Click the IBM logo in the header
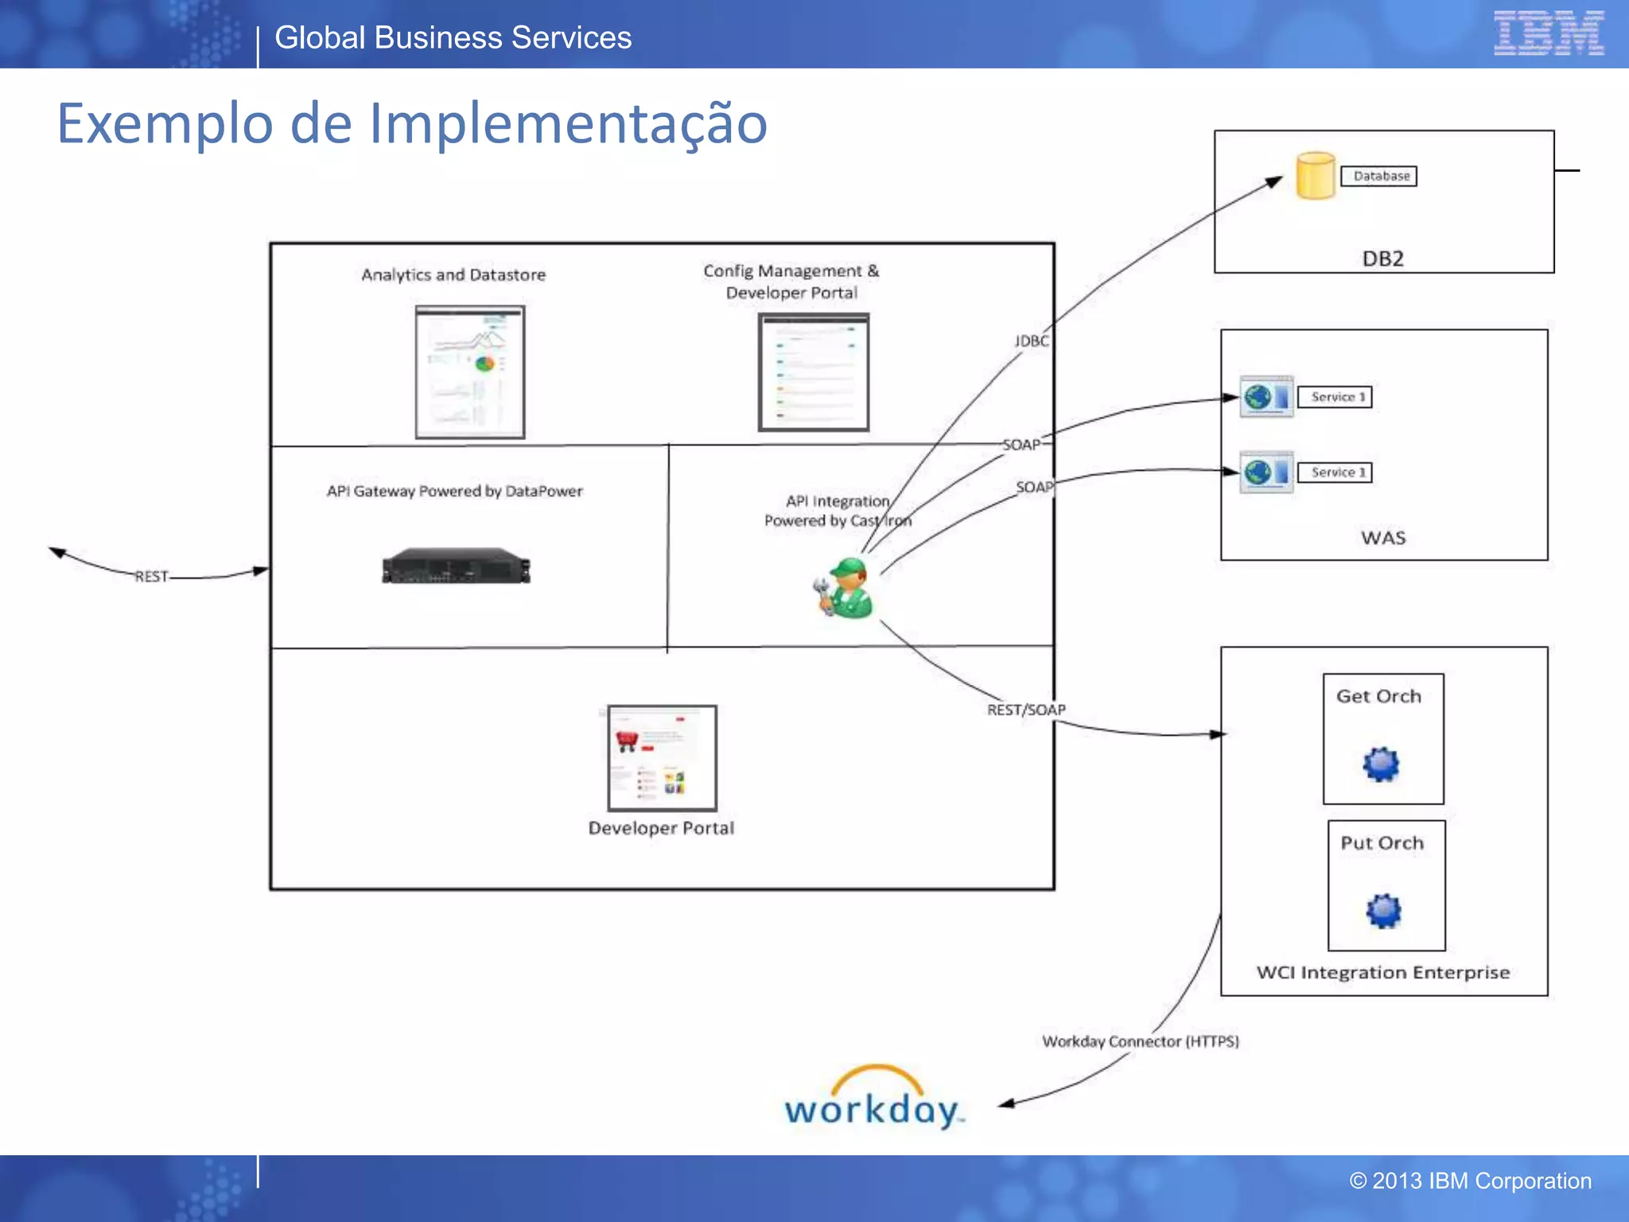tap(1549, 33)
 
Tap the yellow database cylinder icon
tap(1316, 176)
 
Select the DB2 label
tap(1382, 259)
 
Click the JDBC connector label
tap(1032, 341)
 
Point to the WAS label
tap(1383, 539)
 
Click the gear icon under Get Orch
tap(1381, 764)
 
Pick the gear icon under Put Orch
tap(1384, 910)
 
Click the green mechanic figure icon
tap(845, 588)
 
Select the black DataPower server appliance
tap(456, 566)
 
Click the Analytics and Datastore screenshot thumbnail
tap(470, 372)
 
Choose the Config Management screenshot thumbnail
tap(813, 372)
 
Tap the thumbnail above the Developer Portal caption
tap(662, 757)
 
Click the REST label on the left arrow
tap(151, 577)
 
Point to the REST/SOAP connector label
tap(1026, 710)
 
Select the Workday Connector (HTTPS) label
tap(1140, 1041)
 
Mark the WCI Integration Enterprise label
tap(1382, 973)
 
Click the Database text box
tap(1381, 176)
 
